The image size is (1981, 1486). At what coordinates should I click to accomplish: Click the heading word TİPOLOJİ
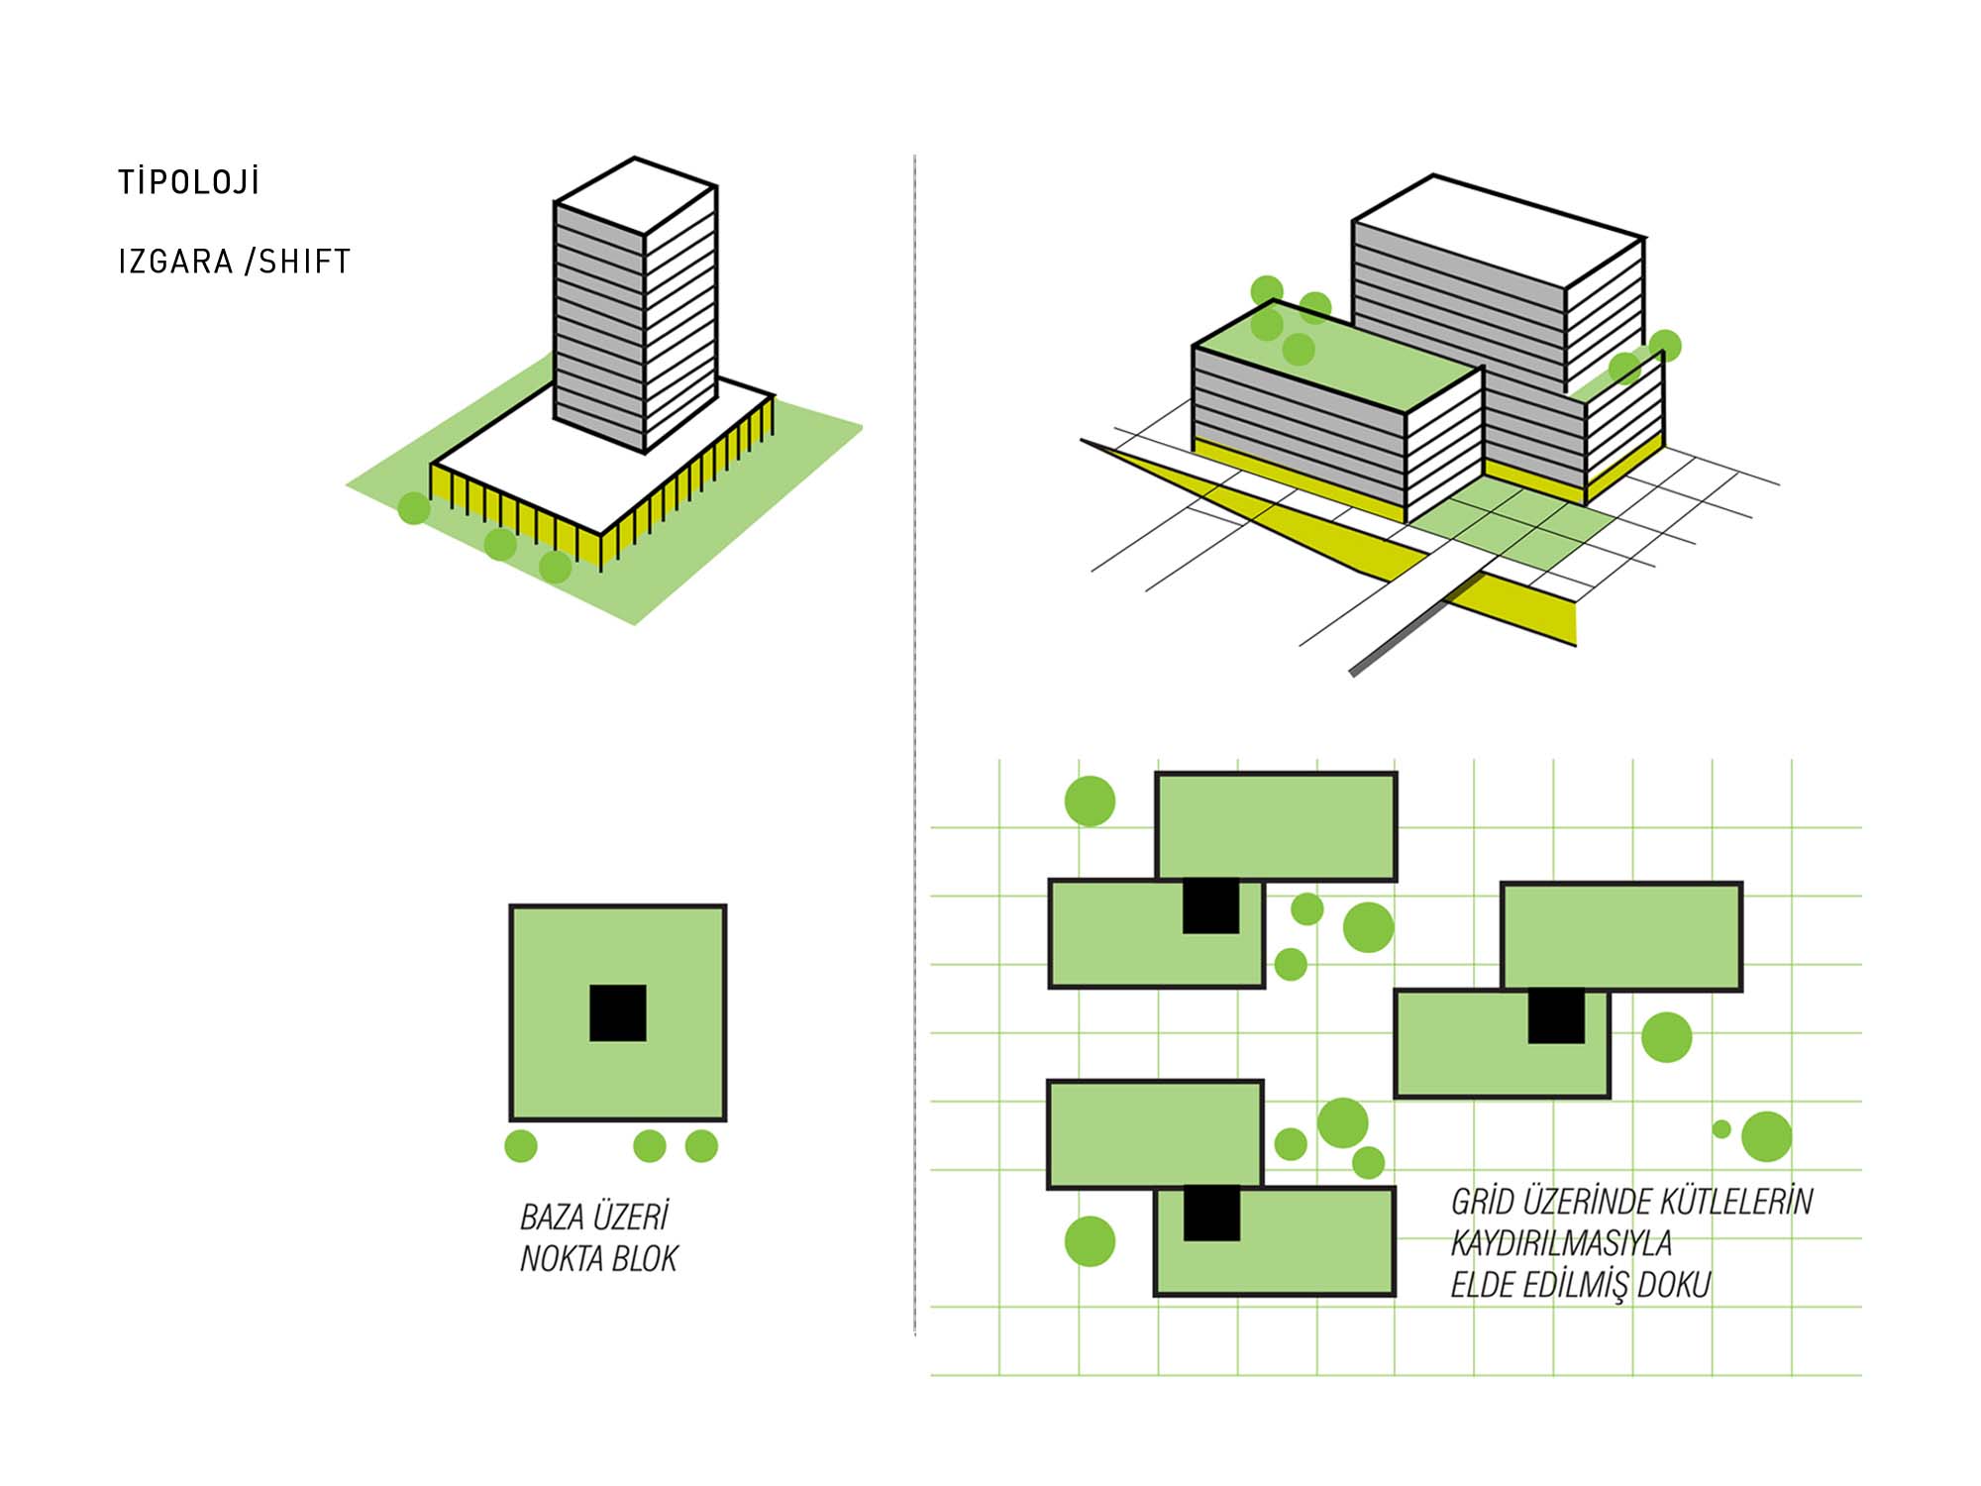tap(188, 182)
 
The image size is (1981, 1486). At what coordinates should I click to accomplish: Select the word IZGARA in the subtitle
tap(175, 262)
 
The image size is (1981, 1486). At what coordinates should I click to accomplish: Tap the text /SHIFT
tap(297, 262)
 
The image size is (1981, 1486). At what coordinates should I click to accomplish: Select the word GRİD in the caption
tap(1483, 1202)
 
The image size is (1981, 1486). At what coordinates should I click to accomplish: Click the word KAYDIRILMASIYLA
tap(1561, 1243)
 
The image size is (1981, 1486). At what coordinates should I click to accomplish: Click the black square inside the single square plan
tap(618, 1012)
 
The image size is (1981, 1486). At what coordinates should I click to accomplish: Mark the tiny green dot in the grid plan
tap(1721, 1128)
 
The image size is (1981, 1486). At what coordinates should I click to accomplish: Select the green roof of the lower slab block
tap(1337, 357)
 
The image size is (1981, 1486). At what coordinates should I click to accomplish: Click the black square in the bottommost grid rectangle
tap(1211, 1214)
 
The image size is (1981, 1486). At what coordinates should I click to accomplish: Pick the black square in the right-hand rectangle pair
tap(1556, 1015)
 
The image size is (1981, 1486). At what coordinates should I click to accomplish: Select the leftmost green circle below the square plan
tap(521, 1146)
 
